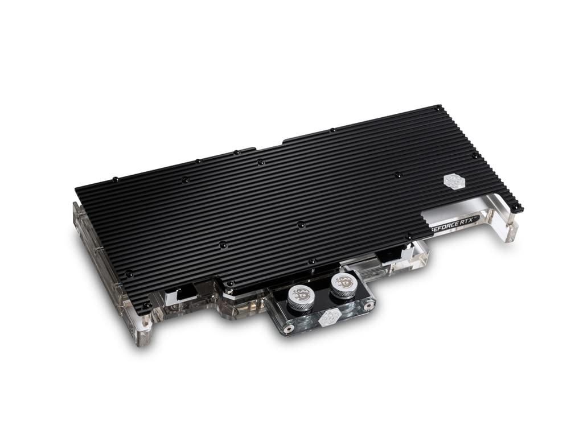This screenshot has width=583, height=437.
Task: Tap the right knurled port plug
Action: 342,284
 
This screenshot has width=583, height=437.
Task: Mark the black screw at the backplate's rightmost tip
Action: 515,208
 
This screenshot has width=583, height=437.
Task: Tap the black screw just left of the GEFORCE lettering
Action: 408,236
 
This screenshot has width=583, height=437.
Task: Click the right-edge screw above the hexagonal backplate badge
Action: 474,155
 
